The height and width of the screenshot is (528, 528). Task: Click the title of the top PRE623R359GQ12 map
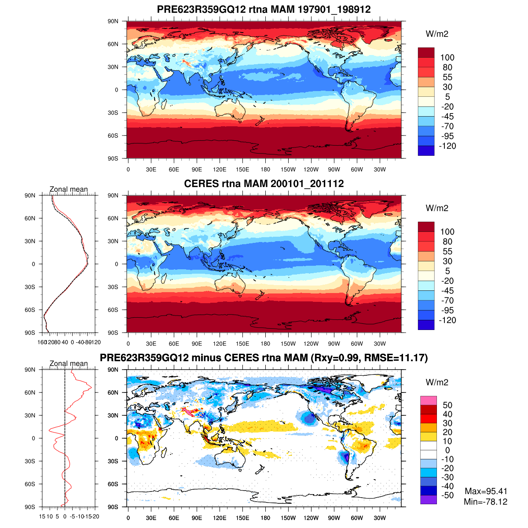point(264,10)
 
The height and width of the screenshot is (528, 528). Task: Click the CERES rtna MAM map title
point(264,184)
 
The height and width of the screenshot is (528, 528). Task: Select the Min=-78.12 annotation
point(485,502)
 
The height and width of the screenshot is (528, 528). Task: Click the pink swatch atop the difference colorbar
point(428,400)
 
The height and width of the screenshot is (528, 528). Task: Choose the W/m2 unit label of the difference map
point(437,382)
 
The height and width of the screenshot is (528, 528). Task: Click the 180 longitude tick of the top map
point(265,169)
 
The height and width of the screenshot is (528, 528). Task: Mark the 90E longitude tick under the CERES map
point(197,344)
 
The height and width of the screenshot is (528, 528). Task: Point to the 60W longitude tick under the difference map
point(357,518)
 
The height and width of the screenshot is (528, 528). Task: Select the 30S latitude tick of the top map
point(114,113)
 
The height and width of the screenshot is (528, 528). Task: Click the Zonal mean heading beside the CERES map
point(69,189)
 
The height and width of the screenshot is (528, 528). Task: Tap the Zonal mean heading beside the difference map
point(69,363)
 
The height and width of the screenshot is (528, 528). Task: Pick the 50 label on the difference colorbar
point(447,405)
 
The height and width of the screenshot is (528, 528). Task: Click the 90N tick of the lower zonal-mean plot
point(30,370)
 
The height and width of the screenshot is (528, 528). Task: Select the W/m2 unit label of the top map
point(437,34)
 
